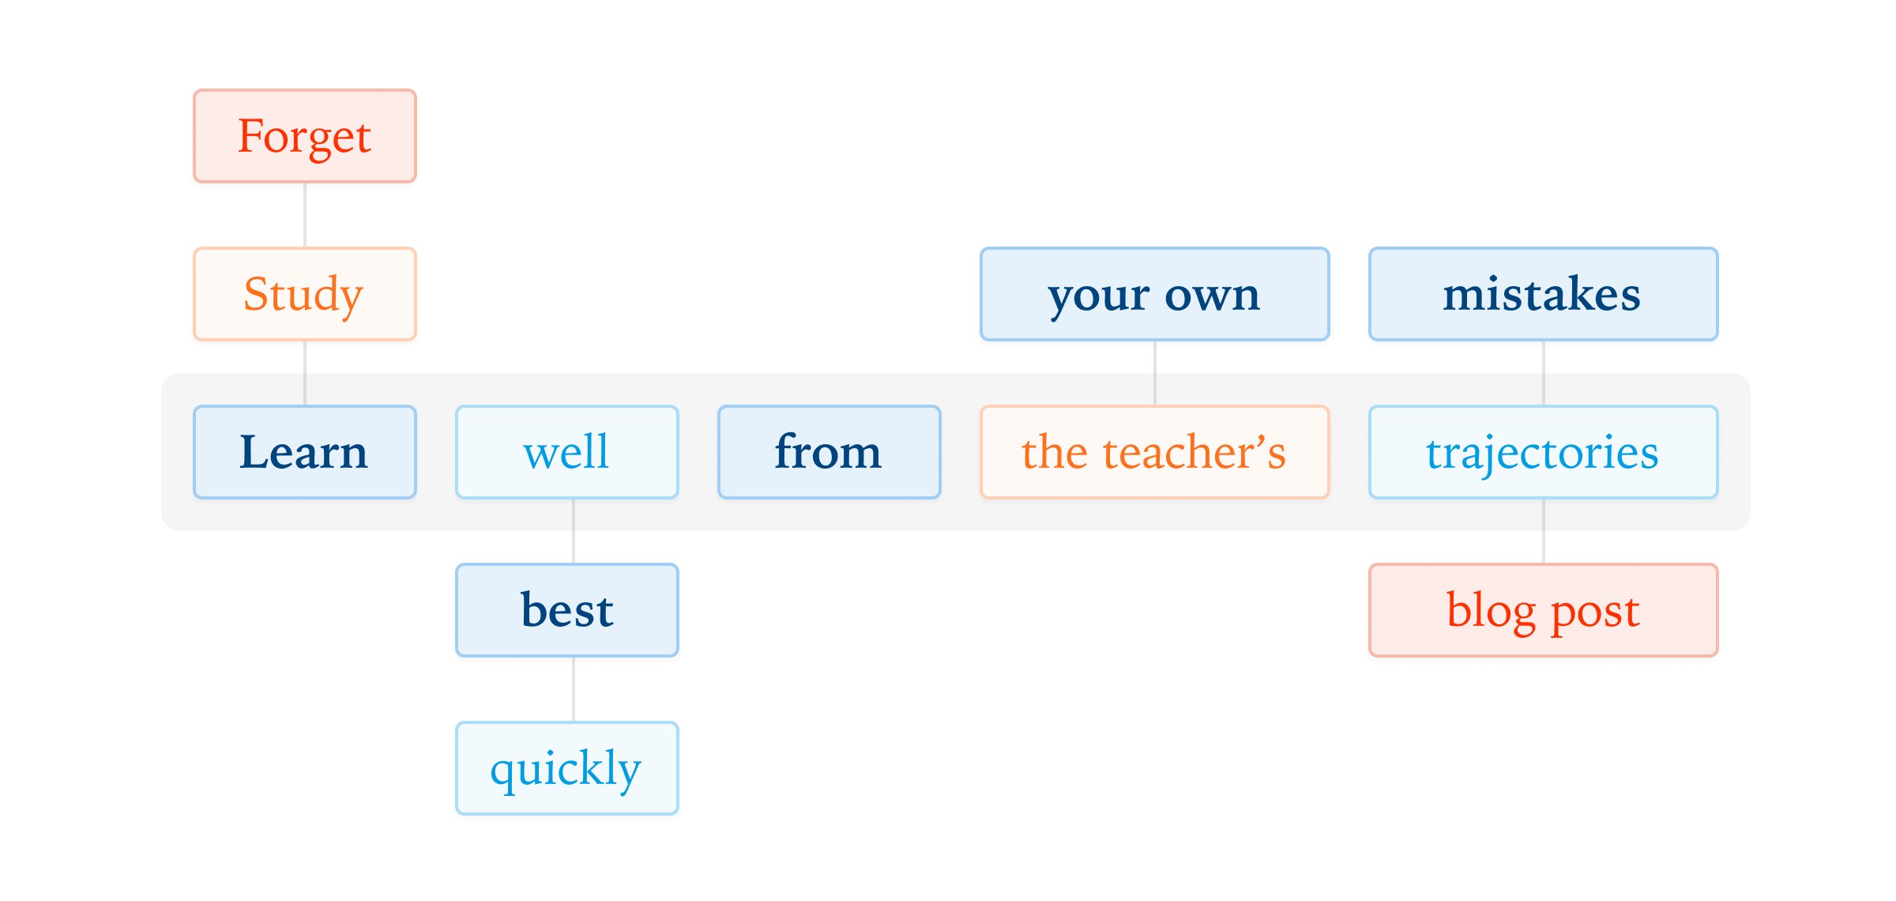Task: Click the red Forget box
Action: click(305, 136)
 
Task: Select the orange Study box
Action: click(305, 294)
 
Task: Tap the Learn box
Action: click(305, 452)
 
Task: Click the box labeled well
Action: click(567, 452)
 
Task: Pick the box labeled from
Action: click(829, 452)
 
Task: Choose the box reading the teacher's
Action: click(1154, 452)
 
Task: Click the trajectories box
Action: click(1543, 452)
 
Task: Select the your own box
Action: click(1154, 294)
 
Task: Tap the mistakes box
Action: click(1543, 294)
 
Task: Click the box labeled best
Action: click(567, 610)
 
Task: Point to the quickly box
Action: click(567, 768)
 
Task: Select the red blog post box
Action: click(1543, 610)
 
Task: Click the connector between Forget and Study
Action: click(305, 215)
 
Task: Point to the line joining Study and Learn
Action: click(305, 373)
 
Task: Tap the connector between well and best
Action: click(574, 531)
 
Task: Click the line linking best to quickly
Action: click(574, 689)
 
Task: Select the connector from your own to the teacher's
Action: click(1155, 373)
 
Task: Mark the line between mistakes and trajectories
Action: click(1544, 373)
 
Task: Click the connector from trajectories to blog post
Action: click(1544, 531)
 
